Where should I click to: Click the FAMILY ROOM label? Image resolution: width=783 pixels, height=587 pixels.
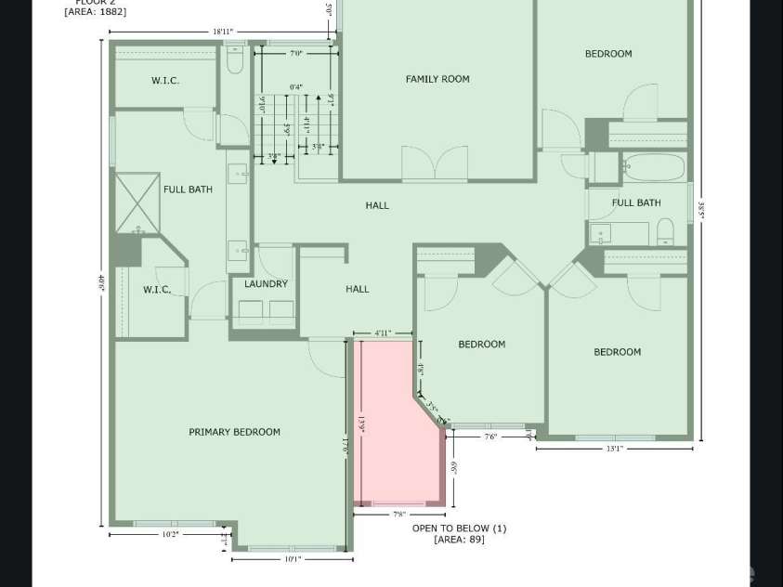click(437, 79)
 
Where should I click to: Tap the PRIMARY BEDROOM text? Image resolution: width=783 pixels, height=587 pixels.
click(234, 432)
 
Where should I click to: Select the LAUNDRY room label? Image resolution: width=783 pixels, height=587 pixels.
click(266, 284)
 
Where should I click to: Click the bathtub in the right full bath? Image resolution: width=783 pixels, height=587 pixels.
click(654, 167)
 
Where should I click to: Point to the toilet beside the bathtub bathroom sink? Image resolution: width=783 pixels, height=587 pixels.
click(665, 230)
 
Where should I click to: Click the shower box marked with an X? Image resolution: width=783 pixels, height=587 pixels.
click(137, 202)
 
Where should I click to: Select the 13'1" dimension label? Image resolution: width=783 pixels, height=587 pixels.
click(614, 450)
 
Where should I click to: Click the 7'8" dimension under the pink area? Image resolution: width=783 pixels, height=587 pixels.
click(398, 515)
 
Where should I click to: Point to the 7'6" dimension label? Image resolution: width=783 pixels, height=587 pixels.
click(490, 437)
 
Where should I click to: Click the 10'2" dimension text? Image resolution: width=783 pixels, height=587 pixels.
click(169, 535)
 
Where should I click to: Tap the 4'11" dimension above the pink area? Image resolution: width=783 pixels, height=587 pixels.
click(382, 333)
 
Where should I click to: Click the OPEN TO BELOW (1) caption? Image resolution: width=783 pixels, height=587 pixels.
click(459, 528)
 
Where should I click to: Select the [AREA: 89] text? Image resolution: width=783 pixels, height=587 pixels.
click(459, 540)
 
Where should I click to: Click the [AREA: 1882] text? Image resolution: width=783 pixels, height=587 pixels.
click(96, 12)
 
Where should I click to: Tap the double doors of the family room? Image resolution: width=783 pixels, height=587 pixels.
click(434, 165)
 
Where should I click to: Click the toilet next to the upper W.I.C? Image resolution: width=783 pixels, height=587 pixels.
click(235, 61)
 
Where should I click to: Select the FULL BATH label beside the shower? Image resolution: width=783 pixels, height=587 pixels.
click(188, 189)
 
